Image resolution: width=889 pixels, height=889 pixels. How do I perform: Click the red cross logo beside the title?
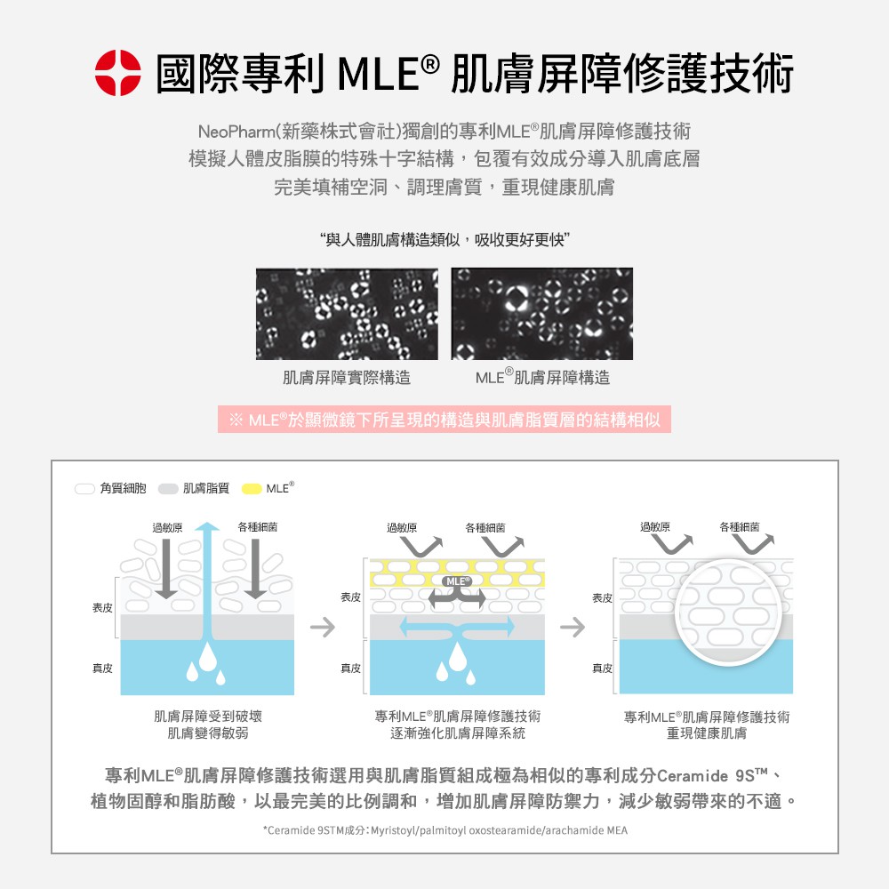(x=118, y=73)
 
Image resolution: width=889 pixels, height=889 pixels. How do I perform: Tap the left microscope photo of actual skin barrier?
(x=347, y=314)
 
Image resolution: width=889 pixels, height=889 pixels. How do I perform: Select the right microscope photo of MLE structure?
(x=542, y=314)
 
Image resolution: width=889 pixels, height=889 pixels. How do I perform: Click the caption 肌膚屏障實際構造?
(x=347, y=378)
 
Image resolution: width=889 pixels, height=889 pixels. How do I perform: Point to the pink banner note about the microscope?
(x=444, y=420)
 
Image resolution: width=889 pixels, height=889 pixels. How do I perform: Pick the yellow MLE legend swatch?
(x=252, y=489)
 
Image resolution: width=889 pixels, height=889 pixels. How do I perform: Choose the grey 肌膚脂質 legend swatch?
(x=168, y=489)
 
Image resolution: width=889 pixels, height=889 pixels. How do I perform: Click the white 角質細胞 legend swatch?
(x=84, y=489)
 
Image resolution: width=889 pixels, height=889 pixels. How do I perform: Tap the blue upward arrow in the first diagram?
(x=207, y=579)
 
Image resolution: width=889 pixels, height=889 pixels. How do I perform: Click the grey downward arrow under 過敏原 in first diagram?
(x=166, y=568)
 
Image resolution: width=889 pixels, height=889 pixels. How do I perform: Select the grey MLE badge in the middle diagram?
(x=456, y=581)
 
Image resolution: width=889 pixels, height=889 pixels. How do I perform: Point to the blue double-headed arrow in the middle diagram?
(x=457, y=627)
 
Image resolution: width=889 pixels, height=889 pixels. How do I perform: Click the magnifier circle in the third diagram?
(x=728, y=613)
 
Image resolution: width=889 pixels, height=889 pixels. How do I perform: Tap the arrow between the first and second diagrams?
(x=323, y=627)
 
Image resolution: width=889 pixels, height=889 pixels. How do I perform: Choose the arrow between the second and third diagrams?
(x=572, y=627)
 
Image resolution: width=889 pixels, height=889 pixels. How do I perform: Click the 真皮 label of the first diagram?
(x=102, y=669)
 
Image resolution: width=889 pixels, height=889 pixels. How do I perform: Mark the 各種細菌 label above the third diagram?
(x=740, y=526)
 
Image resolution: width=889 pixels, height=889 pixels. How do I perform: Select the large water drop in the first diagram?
(x=207, y=657)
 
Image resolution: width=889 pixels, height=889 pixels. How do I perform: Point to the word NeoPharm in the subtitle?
(x=236, y=132)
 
